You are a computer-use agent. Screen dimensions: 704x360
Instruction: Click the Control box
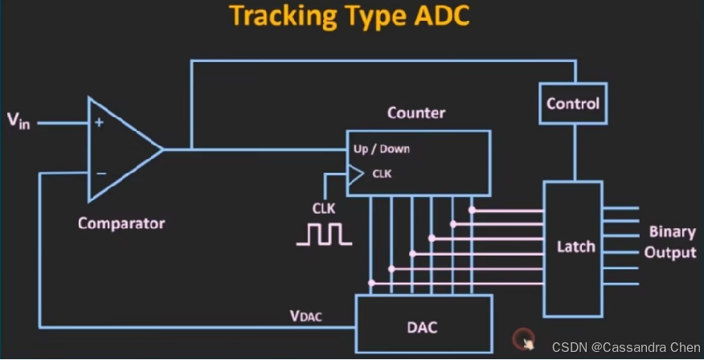573,104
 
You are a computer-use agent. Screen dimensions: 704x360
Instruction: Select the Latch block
575,247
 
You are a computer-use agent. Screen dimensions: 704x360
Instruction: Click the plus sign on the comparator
100,123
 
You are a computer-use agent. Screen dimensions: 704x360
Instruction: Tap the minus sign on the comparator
100,173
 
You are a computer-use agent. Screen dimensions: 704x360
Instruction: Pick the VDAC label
306,316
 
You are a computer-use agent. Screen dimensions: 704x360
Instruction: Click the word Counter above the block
415,112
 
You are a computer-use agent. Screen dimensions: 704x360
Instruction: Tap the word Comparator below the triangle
121,223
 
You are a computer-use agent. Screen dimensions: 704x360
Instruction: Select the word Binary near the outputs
672,231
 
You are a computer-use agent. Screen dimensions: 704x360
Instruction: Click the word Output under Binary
670,252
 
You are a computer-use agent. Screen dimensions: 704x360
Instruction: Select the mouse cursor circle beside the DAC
523,337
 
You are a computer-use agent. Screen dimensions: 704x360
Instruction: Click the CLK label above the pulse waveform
323,207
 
